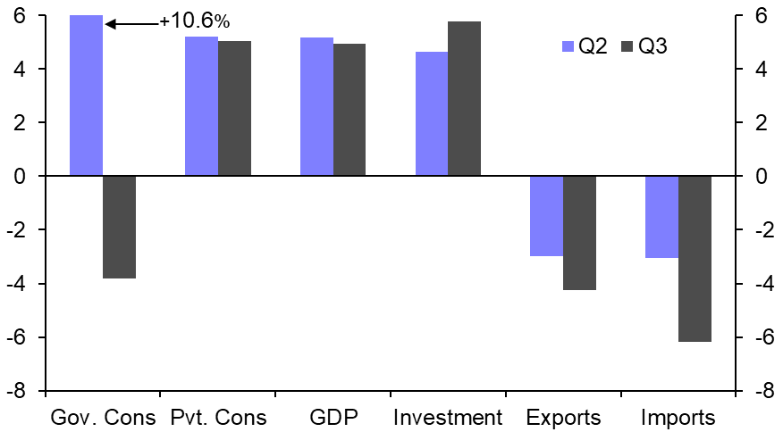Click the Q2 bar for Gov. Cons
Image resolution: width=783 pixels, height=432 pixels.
click(86, 96)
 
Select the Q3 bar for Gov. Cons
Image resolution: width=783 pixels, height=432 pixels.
click(119, 227)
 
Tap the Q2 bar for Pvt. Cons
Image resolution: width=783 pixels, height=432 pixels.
click(201, 106)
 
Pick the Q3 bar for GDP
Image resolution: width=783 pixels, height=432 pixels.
click(349, 109)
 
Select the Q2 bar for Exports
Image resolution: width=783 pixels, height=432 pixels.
click(546, 216)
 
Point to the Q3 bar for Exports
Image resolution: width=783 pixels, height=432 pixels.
click(579, 233)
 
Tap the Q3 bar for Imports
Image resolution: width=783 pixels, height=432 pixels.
click(695, 259)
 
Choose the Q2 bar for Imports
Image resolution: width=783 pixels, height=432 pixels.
click(661, 217)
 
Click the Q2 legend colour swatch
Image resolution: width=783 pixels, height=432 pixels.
click(566, 46)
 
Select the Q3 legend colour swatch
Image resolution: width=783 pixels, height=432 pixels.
click(624, 46)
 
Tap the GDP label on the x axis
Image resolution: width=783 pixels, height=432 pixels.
click(333, 418)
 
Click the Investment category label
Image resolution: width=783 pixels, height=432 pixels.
click(448, 418)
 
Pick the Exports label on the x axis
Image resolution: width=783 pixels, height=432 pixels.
click(563, 418)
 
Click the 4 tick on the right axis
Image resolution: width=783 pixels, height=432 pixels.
click(761, 70)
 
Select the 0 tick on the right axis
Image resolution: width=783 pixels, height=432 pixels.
click(761, 177)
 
